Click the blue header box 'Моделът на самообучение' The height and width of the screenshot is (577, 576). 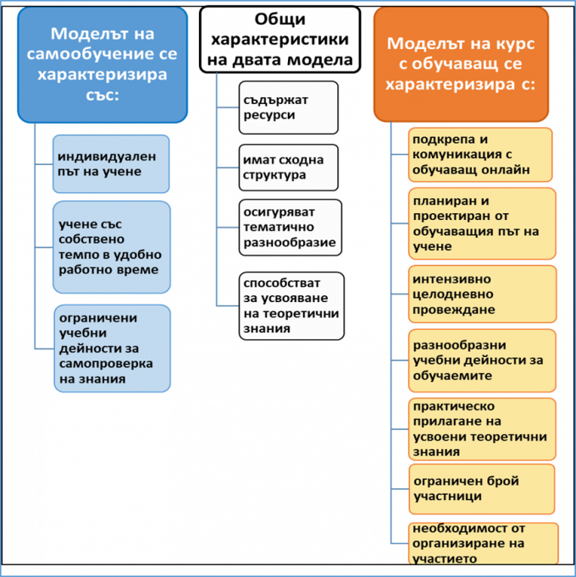click(102, 65)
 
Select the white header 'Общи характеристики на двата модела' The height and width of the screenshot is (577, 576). click(280, 40)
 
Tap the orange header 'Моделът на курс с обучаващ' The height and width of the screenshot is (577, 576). click(461, 64)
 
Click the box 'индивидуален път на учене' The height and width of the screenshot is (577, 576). click(111, 164)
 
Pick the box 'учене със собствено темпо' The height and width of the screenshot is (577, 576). click(112, 247)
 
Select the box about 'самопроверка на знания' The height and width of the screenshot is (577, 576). click(112, 348)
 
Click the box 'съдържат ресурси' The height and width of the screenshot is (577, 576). click(289, 107)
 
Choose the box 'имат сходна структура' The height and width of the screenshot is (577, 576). click(289, 168)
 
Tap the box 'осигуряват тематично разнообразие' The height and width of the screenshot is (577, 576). click(291, 228)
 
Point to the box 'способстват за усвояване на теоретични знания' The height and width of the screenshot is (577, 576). click(291, 305)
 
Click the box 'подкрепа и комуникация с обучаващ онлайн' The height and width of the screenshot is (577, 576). click(480, 155)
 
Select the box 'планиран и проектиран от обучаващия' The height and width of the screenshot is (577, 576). click(482, 223)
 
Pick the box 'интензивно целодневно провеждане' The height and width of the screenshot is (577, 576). click(482, 294)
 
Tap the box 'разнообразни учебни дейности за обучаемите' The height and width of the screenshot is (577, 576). click(482, 360)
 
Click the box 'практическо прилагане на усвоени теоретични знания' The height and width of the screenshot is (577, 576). click(482, 429)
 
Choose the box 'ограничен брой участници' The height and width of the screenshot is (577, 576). click(482, 489)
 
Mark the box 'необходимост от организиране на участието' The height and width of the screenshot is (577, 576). click(484, 543)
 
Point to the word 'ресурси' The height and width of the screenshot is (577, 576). click(269, 115)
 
